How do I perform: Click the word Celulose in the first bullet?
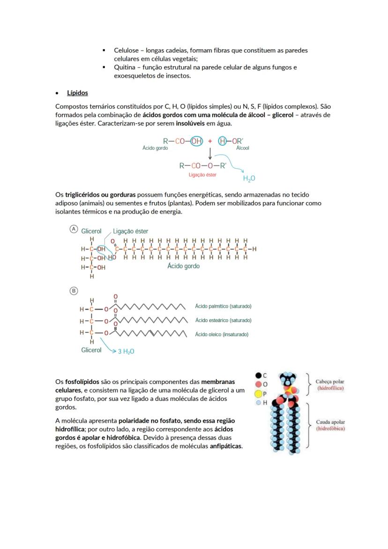tap(128, 50)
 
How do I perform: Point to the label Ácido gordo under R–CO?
tap(155, 148)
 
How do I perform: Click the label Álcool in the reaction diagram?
tap(243, 148)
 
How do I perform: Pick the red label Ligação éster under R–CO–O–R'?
tap(202, 174)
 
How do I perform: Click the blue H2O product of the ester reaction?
tap(249, 179)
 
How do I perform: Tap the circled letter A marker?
tap(74, 229)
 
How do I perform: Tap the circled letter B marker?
tap(74, 291)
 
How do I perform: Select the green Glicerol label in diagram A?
tap(91, 231)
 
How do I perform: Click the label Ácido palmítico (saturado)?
tap(223, 306)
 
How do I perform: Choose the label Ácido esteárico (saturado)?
tap(223, 320)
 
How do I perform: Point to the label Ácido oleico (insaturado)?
tap(222, 334)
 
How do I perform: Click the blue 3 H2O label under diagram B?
tap(126, 351)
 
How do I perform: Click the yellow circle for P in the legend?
tap(258, 394)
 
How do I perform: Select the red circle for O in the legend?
tap(258, 384)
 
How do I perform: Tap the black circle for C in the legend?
tap(258, 375)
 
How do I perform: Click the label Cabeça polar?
tap(330, 382)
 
